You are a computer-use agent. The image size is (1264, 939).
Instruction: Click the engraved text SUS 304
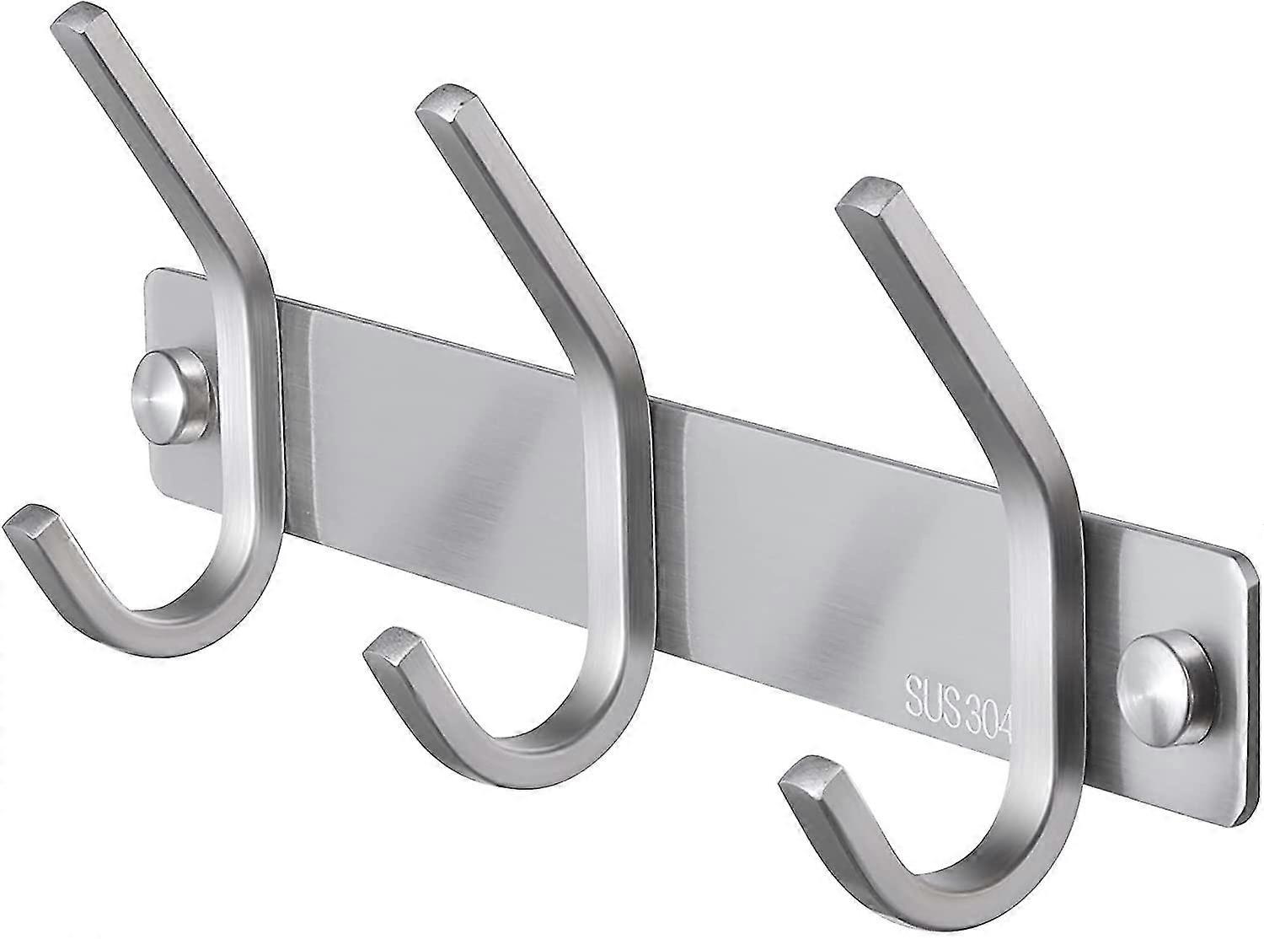coord(957,696)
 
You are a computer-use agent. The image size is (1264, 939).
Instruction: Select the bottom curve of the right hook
coord(961,885)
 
